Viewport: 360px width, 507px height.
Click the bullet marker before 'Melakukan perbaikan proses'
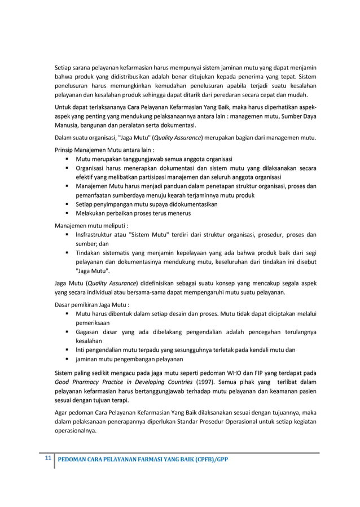coord(68,213)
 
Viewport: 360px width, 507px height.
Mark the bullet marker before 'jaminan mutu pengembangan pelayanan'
coord(68,360)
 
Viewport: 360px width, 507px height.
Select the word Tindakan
coord(91,253)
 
